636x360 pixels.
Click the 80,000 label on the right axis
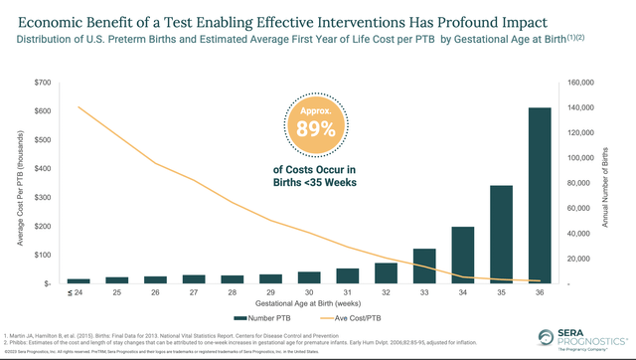(579, 183)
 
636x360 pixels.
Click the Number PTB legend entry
(262, 318)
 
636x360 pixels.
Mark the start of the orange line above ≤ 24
(79, 107)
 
